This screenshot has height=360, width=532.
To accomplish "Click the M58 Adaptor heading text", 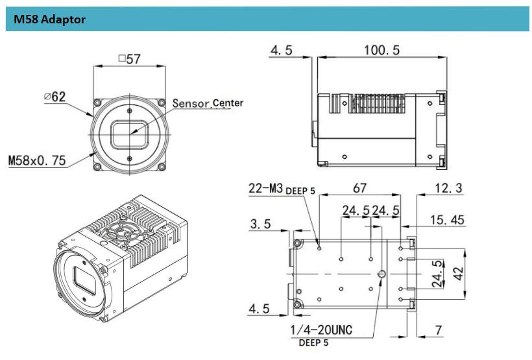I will pos(49,19).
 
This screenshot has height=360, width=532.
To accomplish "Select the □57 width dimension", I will pos(130,59).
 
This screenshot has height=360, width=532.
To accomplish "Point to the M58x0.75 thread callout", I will pos(37,160).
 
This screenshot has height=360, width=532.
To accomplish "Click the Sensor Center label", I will pos(199,104).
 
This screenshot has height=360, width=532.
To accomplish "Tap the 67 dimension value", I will pos(359,187).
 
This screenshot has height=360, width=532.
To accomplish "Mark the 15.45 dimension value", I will pos(447,221).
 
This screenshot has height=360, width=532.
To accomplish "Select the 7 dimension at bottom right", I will pos(439,330).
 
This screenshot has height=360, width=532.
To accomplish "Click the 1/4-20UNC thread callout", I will pos(321,330).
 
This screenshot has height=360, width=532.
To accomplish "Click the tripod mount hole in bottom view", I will pos(381,275).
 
